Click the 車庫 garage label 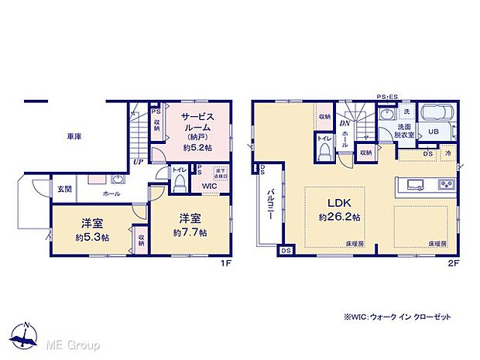tap(74, 137)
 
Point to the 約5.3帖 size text tap(92, 237)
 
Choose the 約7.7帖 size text tap(190, 232)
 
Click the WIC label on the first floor tap(210, 187)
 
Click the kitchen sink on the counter tap(414, 184)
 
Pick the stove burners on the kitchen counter tap(447, 184)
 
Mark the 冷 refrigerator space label tap(448, 154)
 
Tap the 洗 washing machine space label tap(407, 113)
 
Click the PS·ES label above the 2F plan tap(386, 97)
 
